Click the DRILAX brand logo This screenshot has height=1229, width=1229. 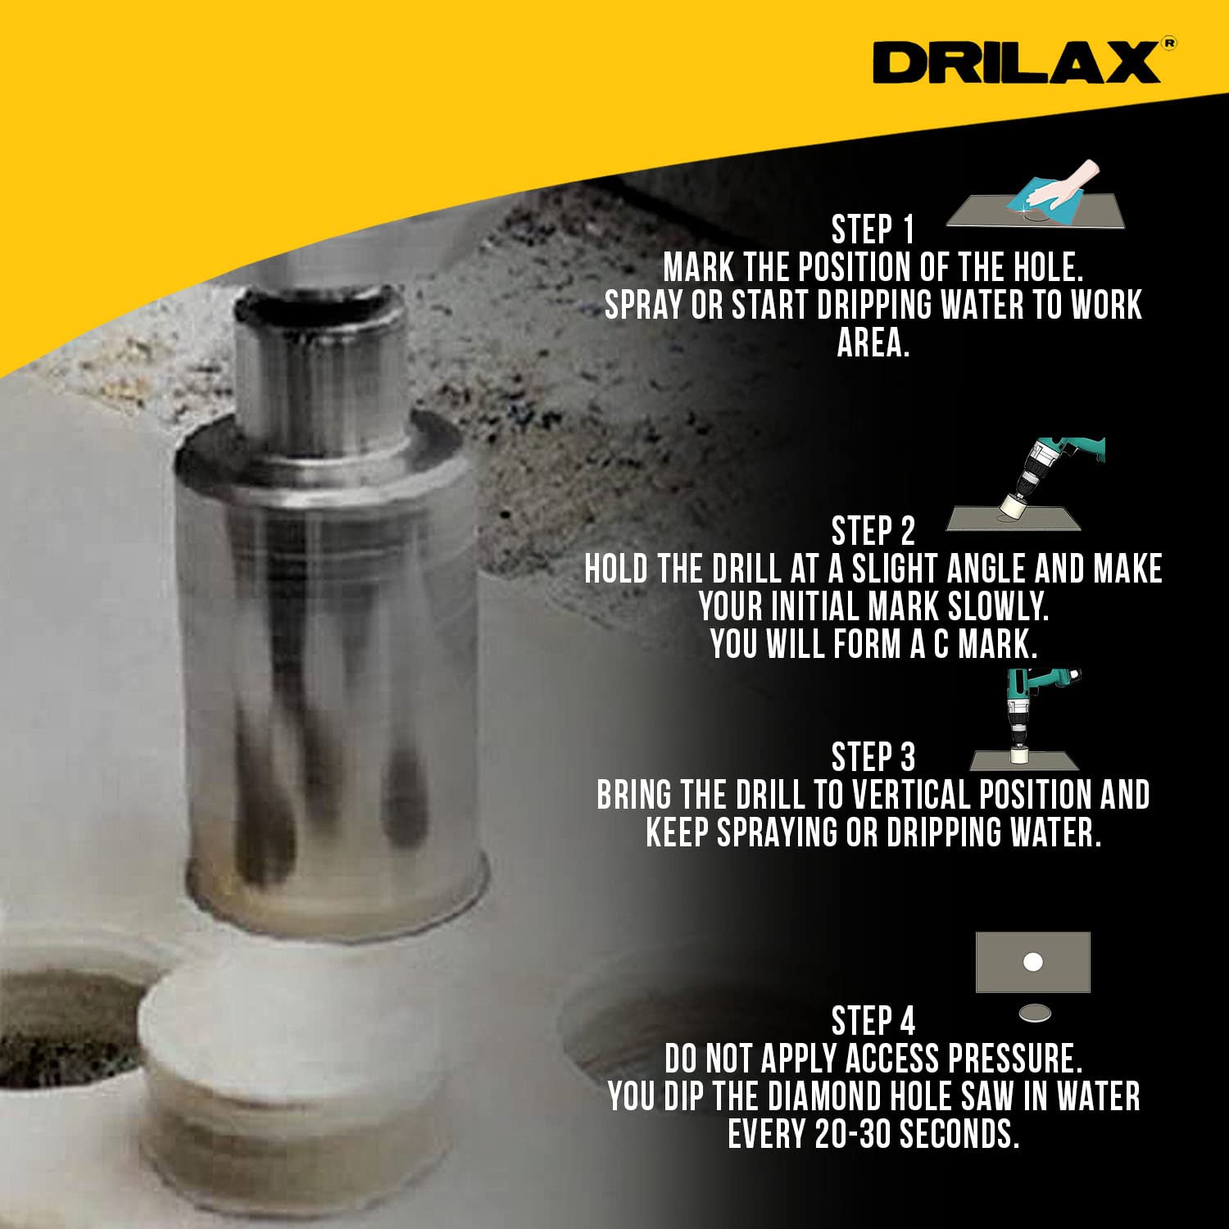(x=1017, y=62)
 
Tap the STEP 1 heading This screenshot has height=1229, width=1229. (x=873, y=230)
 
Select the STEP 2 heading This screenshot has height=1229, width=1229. (x=873, y=532)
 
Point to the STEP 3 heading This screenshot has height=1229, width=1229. (x=873, y=757)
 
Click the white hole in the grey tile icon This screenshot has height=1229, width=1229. (x=1033, y=961)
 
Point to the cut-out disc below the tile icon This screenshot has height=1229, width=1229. (x=1035, y=1014)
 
